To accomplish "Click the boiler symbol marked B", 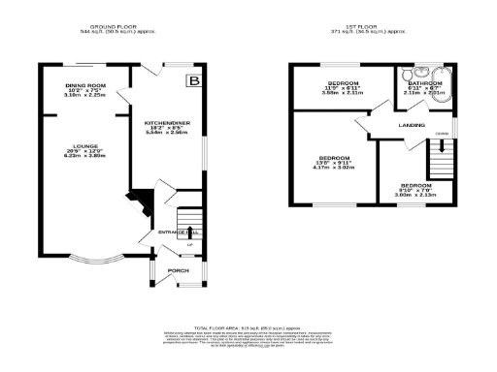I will click(x=194, y=80).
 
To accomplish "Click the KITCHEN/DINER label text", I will click(x=167, y=123).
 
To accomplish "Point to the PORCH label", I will click(x=179, y=270).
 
